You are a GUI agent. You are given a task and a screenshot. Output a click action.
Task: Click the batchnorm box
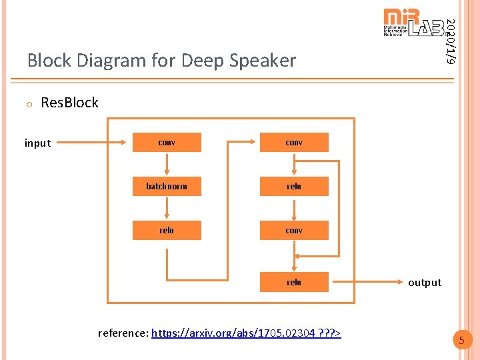pos(167,186)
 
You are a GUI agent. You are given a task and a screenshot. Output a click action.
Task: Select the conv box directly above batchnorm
pos(167,143)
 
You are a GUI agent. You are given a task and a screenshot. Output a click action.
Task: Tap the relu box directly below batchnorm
pos(167,230)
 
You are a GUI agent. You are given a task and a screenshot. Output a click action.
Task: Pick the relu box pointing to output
pos(294,282)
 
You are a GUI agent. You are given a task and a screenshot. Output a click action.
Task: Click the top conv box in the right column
pos(294,143)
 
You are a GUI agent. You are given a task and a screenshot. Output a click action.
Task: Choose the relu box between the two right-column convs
pos(294,186)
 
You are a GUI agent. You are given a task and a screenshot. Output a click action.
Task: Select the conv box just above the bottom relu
pos(294,230)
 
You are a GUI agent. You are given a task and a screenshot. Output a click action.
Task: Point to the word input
pos(37,143)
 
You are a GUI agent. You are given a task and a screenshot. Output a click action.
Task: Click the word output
pos(425,283)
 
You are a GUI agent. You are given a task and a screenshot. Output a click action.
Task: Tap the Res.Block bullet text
pos(69,103)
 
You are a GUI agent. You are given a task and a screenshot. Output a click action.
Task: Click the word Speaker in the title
pos(263,61)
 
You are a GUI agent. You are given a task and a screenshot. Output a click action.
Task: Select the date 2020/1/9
pos(451,41)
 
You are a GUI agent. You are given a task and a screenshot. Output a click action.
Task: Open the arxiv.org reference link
pos(246,332)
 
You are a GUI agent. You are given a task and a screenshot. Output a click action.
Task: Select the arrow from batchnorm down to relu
pos(167,208)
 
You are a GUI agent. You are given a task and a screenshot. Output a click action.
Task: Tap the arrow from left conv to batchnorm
pos(167,164)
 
